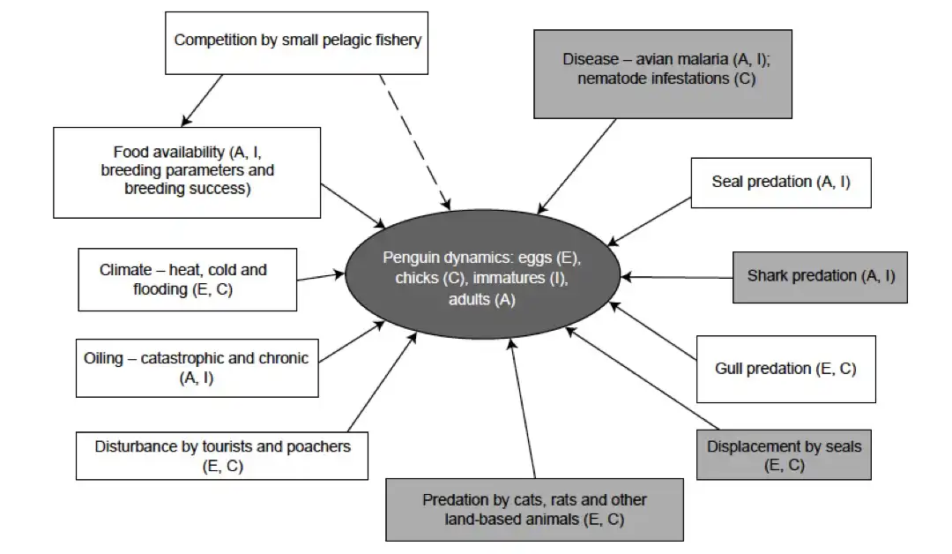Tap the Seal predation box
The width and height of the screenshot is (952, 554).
click(780, 183)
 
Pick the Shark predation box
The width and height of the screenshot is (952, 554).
click(820, 276)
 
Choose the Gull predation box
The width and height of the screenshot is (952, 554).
click(785, 369)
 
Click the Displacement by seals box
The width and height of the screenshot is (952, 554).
click(784, 454)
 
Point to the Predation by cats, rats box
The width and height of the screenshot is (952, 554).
click(534, 510)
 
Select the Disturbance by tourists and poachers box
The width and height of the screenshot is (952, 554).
click(221, 455)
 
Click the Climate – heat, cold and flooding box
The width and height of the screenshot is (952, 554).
click(186, 280)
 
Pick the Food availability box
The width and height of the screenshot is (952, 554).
click(187, 171)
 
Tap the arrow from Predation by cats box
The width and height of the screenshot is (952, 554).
click(522, 405)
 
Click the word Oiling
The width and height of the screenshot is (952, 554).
click(104, 358)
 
